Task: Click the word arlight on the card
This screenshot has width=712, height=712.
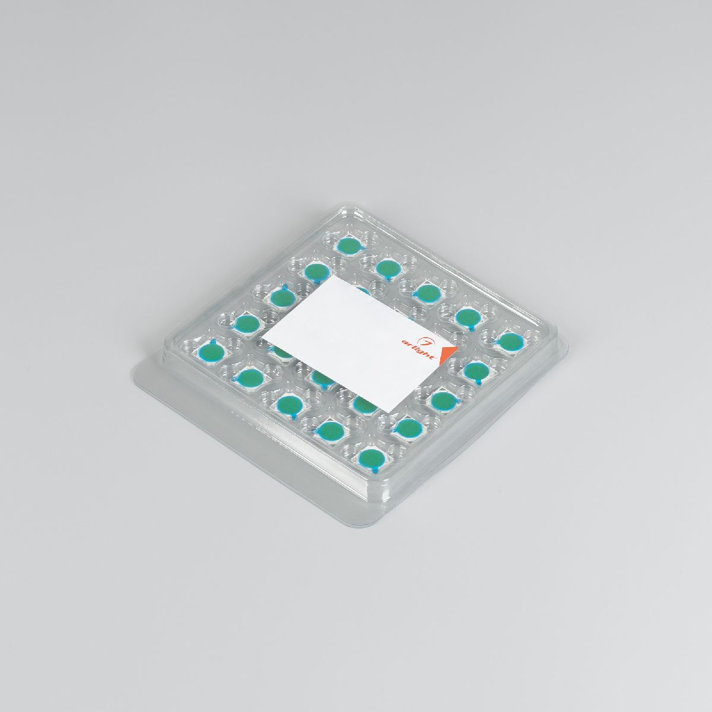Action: pyautogui.click(x=419, y=349)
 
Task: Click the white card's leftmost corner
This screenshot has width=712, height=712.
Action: pyautogui.click(x=262, y=338)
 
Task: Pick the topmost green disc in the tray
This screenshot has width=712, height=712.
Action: pyautogui.click(x=349, y=246)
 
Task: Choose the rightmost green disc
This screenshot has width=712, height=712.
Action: pyautogui.click(x=510, y=341)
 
